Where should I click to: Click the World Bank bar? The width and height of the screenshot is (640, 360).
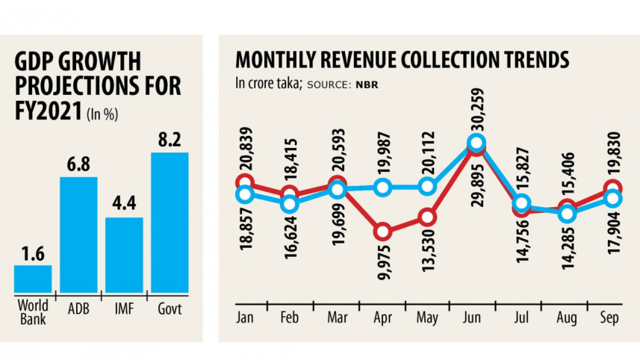point(33,278)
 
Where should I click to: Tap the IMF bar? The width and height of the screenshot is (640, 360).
point(124,254)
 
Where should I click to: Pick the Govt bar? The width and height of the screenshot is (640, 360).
point(170,222)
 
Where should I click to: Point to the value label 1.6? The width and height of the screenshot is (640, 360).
point(33,252)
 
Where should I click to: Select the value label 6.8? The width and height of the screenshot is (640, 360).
point(78,164)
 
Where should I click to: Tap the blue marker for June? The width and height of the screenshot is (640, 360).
point(476,143)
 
